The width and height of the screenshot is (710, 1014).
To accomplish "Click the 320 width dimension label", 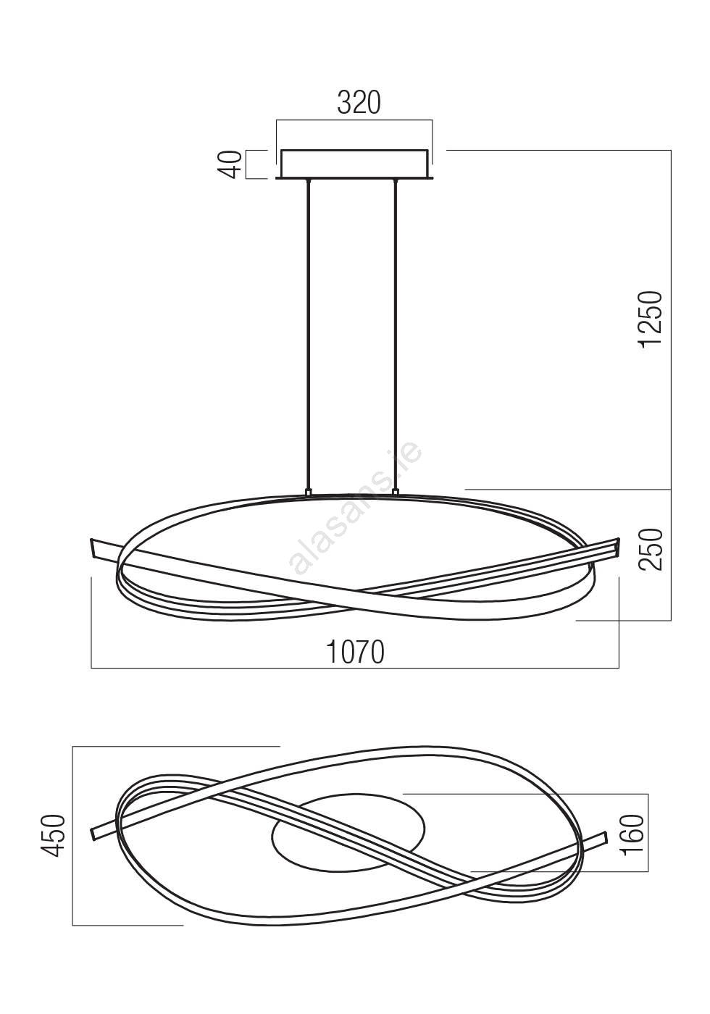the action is click(359, 103).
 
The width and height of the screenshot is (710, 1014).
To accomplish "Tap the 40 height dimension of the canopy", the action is click(233, 164).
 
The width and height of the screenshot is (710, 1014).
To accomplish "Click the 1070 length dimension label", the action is click(356, 653).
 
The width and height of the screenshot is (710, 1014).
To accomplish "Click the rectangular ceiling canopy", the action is click(354, 164).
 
